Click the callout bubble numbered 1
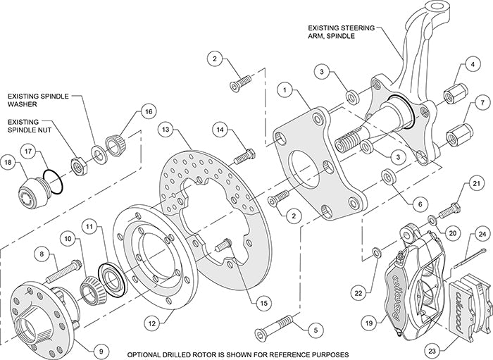(285, 89)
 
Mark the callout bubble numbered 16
(147, 112)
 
